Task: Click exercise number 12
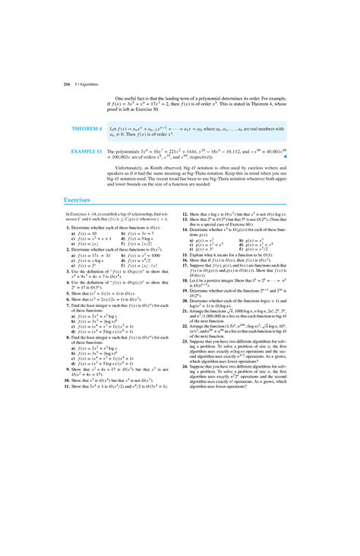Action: pos(185,215)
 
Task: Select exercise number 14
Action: pos(185,230)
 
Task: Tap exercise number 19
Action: pos(185,294)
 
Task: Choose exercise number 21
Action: pos(185,311)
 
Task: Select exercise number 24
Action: pos(185,365)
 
